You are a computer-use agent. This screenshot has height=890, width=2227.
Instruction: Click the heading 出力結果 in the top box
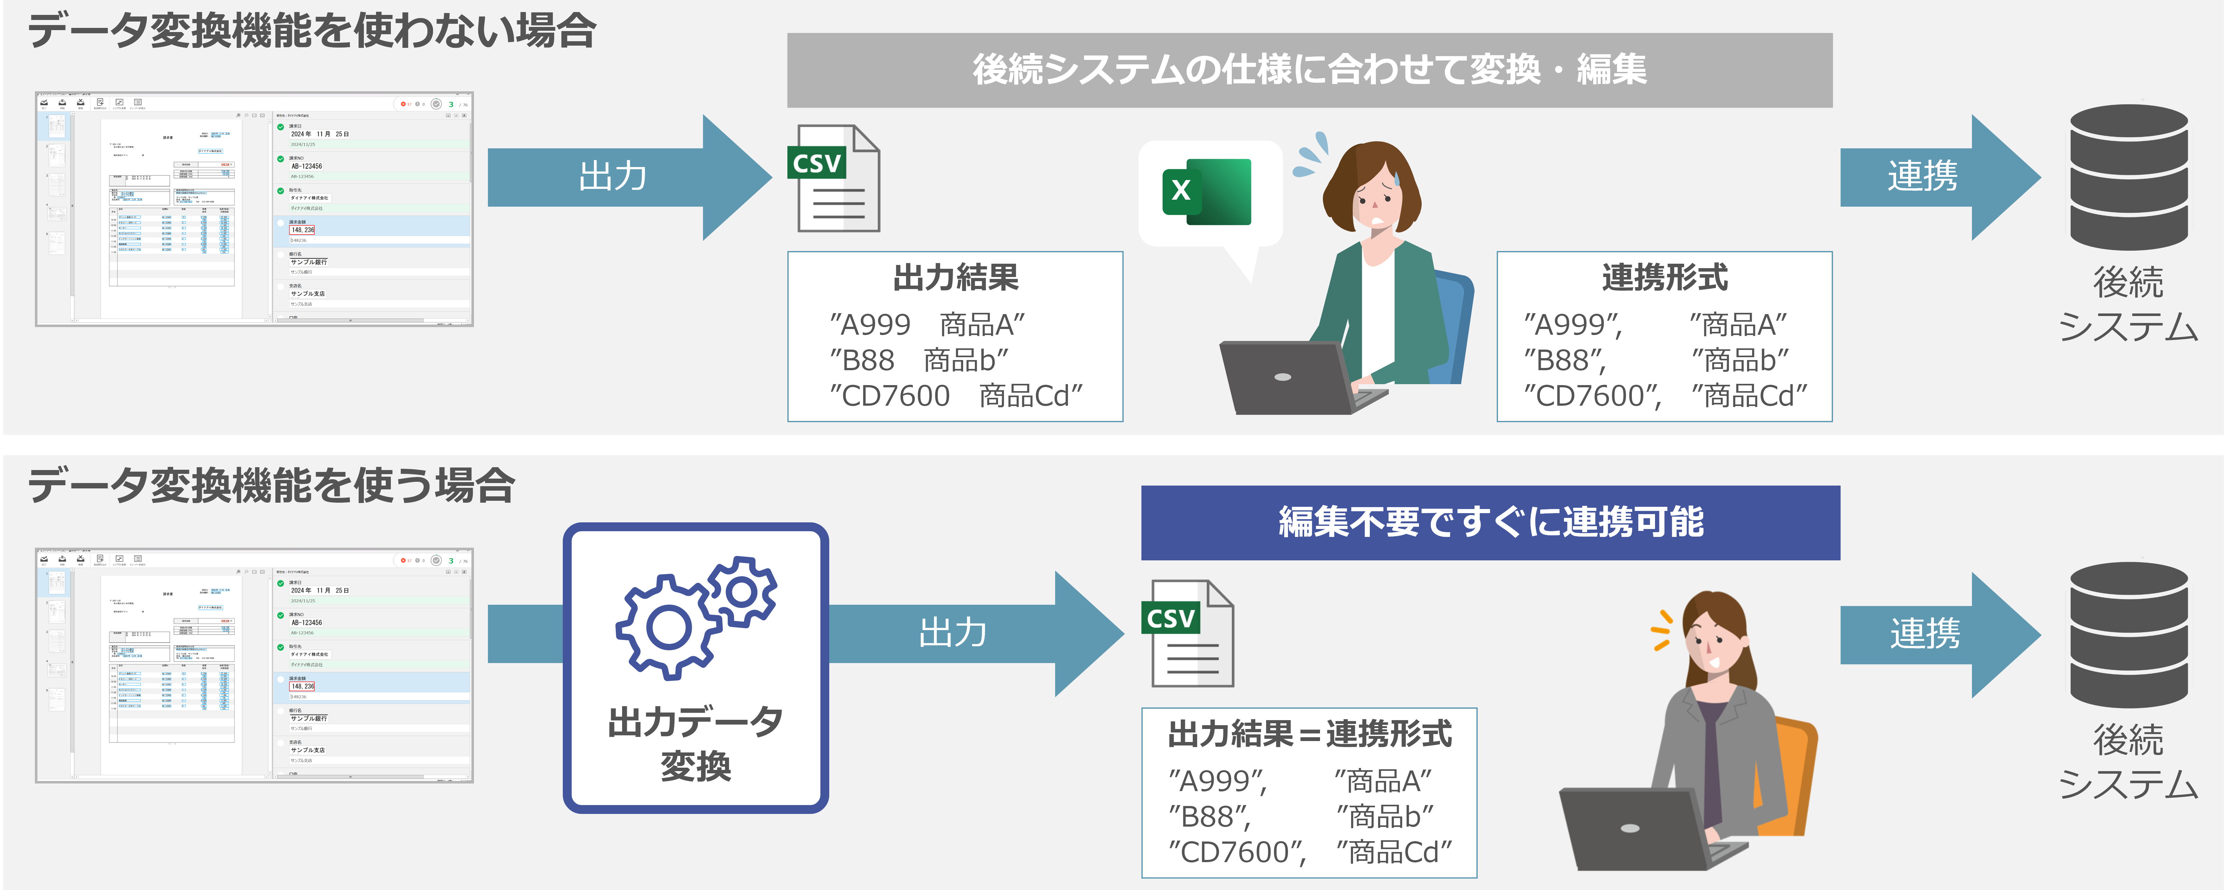955,278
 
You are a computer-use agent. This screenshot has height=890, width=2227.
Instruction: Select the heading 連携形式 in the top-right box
1664,278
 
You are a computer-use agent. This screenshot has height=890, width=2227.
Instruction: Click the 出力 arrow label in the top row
612,177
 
